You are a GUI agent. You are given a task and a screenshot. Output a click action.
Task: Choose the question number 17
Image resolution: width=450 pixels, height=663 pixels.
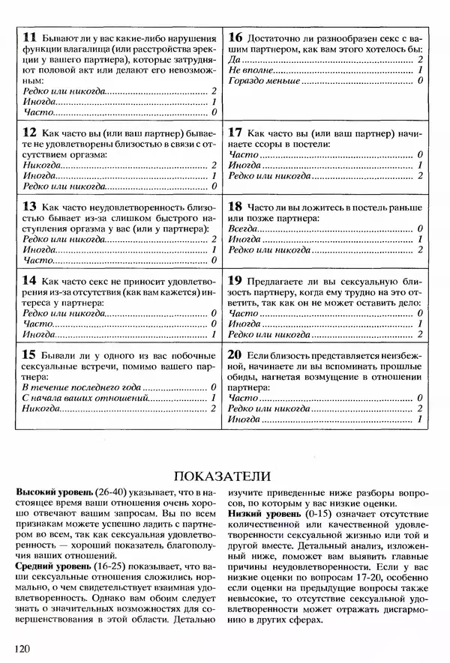(x=235, y=131)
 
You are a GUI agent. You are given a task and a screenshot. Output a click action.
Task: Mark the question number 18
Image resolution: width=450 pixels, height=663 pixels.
(x=235, y=205)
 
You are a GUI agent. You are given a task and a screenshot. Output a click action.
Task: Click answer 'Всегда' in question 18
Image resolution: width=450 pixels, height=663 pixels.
(x=244, y=228)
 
